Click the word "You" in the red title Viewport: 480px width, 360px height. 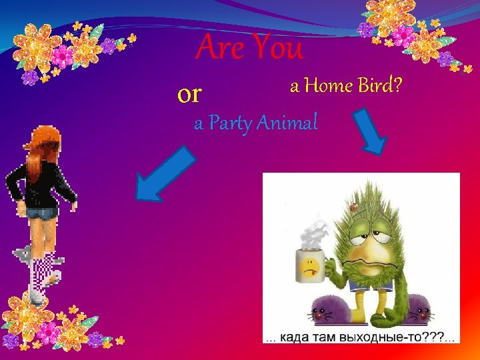[277, 49]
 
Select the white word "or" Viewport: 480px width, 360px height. [189, 95]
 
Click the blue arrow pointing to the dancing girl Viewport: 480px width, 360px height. [163, 175]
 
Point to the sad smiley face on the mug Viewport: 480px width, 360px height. [309, 268]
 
